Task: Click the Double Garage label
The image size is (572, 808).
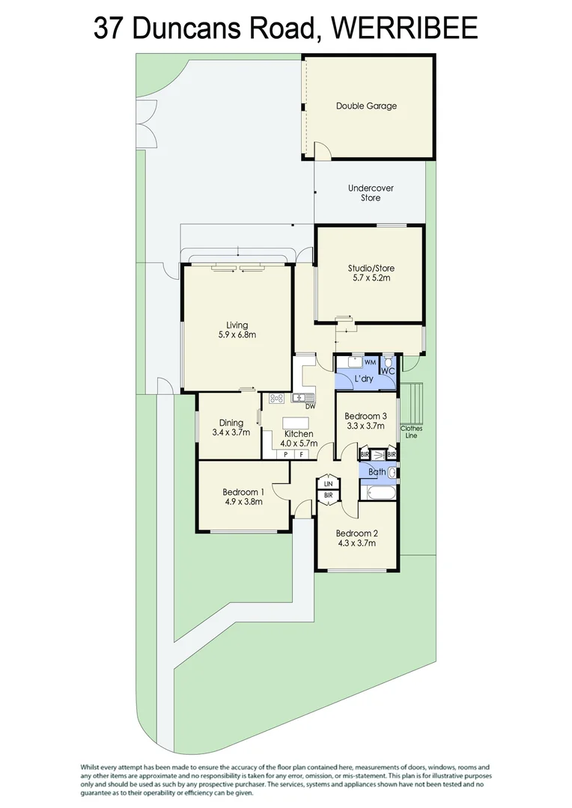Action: [x=366, y=105]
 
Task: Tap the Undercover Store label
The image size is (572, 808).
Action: [x=371, y=193]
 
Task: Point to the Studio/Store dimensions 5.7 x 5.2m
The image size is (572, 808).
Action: [x=371, y=278]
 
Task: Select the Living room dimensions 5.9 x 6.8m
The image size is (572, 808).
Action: [x=237, y=334]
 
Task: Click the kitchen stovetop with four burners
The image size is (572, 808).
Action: [x=276, y=398]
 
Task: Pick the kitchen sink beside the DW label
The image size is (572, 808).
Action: [x=302, y=397]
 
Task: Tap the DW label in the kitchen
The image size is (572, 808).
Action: [x=310, y=406]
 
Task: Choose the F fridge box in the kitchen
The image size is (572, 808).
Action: [x=301, y=455]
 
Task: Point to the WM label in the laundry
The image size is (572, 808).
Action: [x=370, y=362]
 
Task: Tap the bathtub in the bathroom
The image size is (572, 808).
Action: [x=382, y=493]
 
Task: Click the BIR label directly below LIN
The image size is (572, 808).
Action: [x=329, y=496]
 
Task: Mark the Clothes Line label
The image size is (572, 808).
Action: [x=412, y=432]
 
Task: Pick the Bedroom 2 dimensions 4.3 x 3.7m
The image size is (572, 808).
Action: [x=356, y=542]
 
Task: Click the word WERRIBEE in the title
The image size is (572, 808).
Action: [x=404, y=28]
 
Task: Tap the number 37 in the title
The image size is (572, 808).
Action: [x=109, y=28]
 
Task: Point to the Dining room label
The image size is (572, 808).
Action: [x=231, y=423]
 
